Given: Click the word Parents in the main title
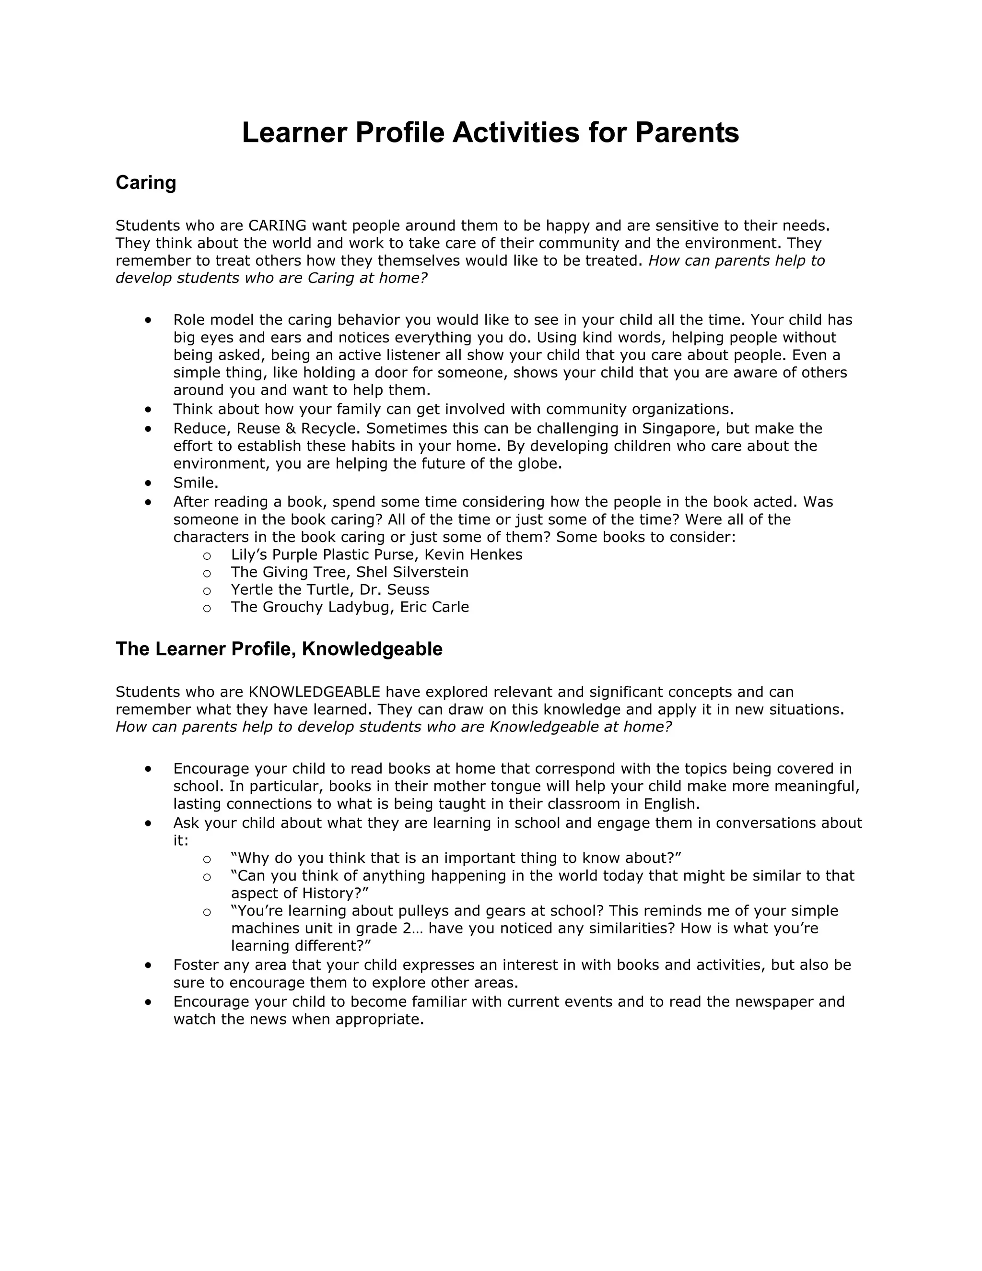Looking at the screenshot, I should pyautogui.click(x=687, y=133).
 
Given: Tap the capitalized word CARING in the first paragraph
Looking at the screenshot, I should pyautogui.click(x=277, y=225).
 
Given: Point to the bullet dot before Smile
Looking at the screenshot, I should pyautogui.click(x=149, y=483).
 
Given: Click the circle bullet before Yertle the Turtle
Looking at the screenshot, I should pyautogui.click(x=207, y=591).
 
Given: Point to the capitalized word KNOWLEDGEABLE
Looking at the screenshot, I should pyautogui.click(x=314, y=692).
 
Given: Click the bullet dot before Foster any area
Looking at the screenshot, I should pyautogui.click(x=149, y=965).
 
